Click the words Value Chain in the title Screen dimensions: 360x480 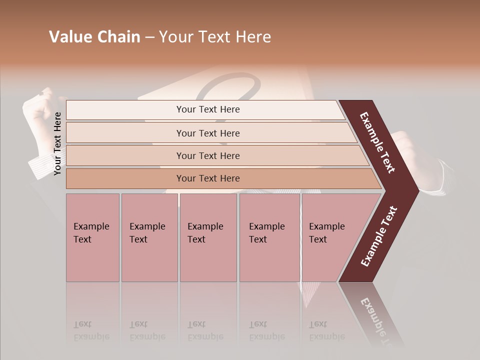point(94,37)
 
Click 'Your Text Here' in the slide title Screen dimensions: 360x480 point(215,37)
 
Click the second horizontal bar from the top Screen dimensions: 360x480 point(208,133)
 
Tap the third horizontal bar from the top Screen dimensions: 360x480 point(208,155)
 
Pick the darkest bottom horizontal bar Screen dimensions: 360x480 point(208,178)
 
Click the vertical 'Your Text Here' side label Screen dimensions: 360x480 point(57,144)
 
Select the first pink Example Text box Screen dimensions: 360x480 point(92,237)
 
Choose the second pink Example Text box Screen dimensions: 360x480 point(149,237)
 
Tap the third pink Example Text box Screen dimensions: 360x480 point(208,237)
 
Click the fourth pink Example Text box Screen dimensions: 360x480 point(269,237)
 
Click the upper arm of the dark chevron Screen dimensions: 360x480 point(377,142)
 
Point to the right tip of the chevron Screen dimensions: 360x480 point(416,190)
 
